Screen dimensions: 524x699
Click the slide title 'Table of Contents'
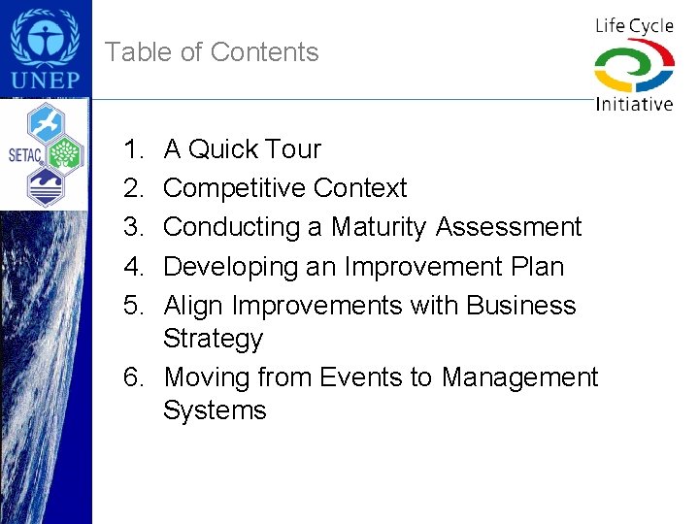coord(212,52)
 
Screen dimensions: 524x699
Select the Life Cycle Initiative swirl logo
coord(633,66)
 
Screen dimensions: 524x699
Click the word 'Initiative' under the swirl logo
coord(634,103)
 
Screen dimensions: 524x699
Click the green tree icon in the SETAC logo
coord(64,152)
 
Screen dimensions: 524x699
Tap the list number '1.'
coord(133,149)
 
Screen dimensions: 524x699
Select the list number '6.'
coord(133,377)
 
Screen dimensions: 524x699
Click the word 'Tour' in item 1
coord(292,149)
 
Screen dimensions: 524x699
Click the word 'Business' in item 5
coord(520,305)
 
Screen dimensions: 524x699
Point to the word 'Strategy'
coord(213,339)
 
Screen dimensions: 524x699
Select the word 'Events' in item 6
coord(361,377)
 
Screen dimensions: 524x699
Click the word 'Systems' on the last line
coord(214,410)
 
